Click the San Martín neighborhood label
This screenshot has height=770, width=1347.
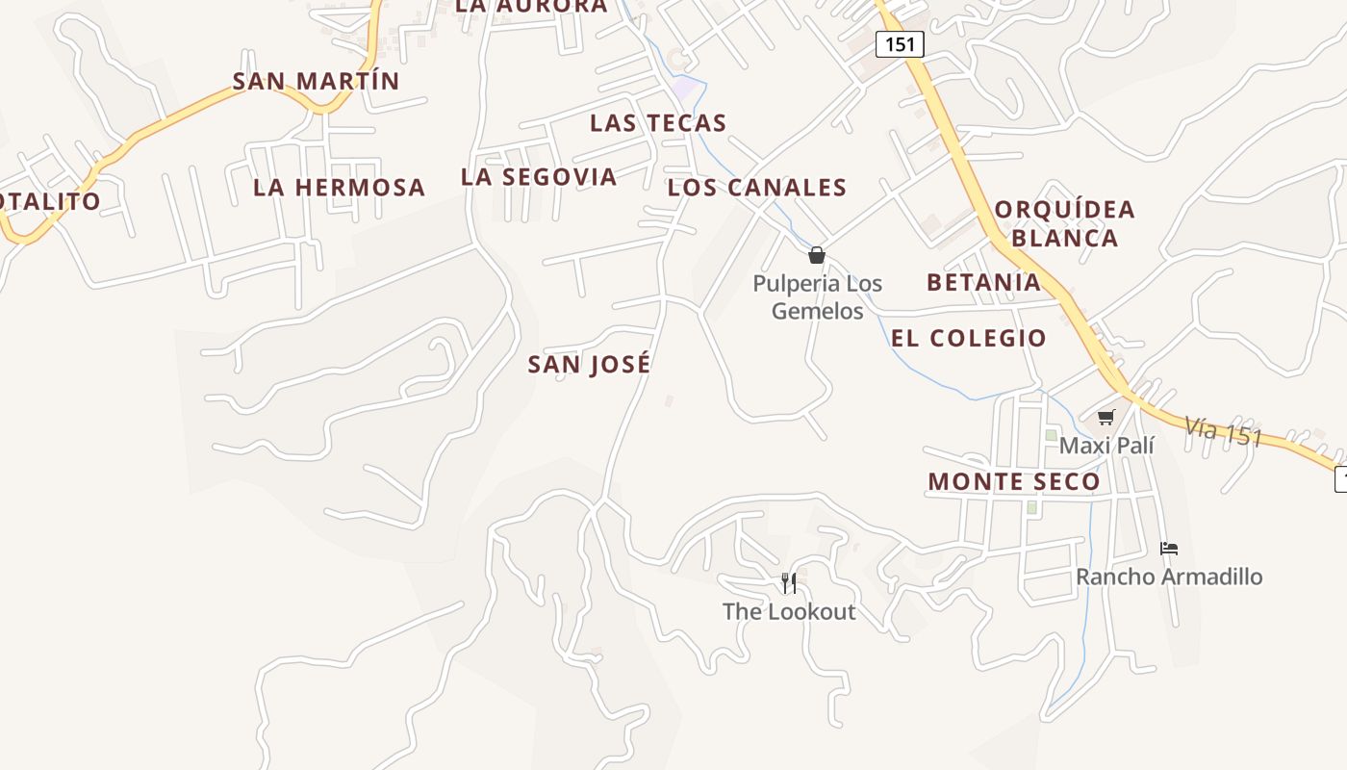[316, 81]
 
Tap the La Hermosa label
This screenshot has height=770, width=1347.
[339, 187]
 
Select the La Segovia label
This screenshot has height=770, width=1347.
[539, 177]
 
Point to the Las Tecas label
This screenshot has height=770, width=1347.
[658, 123]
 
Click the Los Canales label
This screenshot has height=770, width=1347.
[757, 188]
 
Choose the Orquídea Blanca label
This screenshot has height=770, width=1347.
[1065, 223]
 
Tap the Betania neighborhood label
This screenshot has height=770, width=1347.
[983, 282]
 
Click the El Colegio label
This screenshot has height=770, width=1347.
[969, 338]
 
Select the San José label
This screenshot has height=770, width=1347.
[589, 364]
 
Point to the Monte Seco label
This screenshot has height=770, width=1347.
[1014, 482]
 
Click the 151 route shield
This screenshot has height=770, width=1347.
[900, 44]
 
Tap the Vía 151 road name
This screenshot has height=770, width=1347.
[1223, 431]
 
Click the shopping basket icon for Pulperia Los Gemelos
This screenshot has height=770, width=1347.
[817, 255]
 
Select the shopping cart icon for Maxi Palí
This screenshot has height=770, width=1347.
[1106, 417]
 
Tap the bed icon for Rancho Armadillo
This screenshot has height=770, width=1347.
[1169, 549]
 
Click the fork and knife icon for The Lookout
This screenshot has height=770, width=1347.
[789, 582]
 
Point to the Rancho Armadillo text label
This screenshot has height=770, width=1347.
[1169, 577]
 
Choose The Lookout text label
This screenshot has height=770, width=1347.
[789, 611]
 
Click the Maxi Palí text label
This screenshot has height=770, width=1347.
[1106, 446]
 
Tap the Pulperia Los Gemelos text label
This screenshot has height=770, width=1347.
[818, 297]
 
